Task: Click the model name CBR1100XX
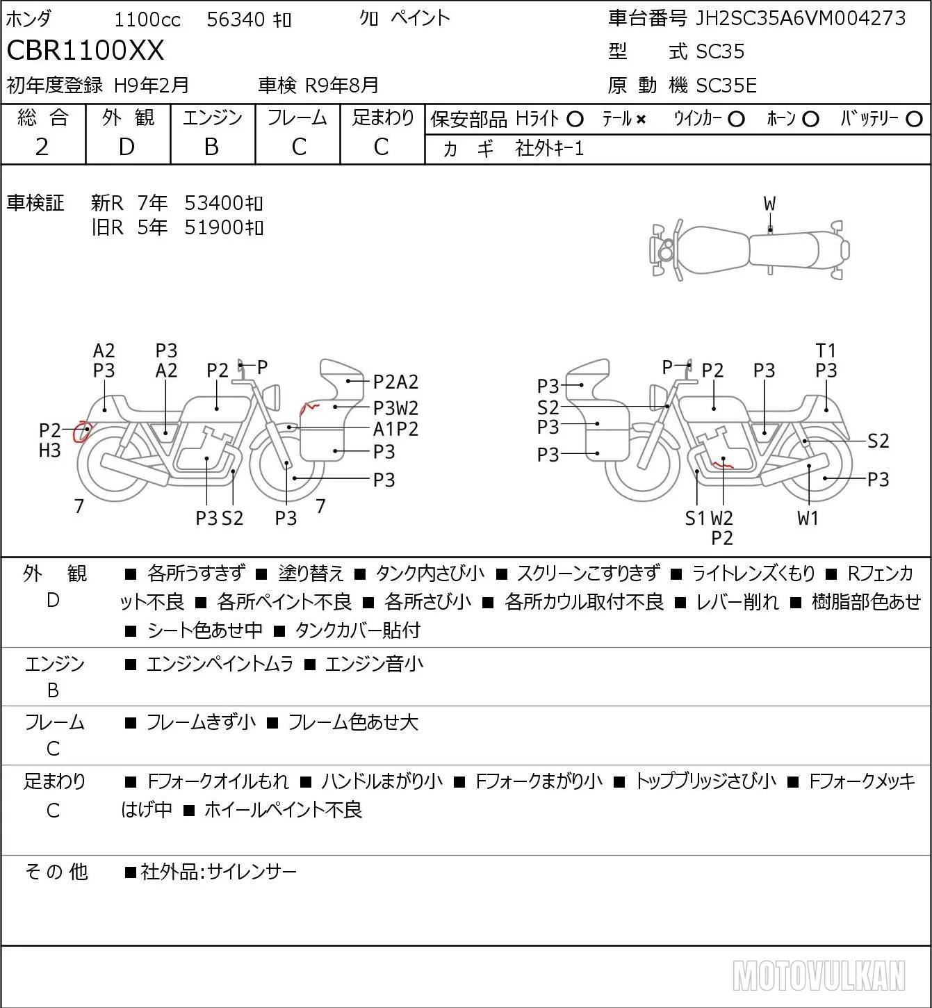[x=85, y=50]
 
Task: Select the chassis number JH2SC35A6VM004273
[x=800, y=18]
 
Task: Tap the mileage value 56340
[x=236, y=19]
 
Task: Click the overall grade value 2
[x=42, y=147]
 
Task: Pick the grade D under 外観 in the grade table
[x=127, y=147]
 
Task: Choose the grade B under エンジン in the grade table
[x=212, y=147]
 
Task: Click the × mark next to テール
[x=641, y=120]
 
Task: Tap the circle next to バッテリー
[x=914, y=120]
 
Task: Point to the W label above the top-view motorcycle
[x=769, y=204]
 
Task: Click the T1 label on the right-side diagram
[x=826, y=351]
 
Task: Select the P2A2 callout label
[x=395, y=382]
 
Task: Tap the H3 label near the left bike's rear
[x=50, y=450]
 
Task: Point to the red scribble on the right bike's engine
[x=722, y=463]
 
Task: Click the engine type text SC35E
[x=726, y=86]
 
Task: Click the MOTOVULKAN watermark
[x=819, y=975]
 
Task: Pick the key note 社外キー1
[x=549, y=149]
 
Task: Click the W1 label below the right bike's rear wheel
[x=808, y=518]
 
